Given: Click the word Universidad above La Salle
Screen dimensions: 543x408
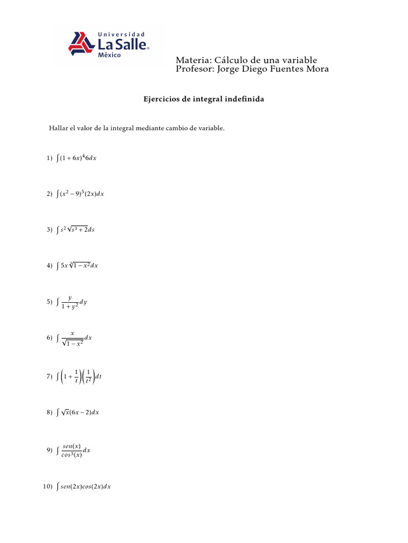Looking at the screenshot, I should click(x=122, y=34).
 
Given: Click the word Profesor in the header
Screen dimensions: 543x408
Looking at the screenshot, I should click(x=195, y=69).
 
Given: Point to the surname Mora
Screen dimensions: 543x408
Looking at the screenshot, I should click(x=317, y=69).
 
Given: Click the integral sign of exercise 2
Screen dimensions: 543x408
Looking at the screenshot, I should click(x=57, y=194).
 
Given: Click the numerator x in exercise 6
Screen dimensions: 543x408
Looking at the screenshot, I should click(x=72, y=333).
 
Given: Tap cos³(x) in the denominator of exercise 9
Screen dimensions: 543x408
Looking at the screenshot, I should click(x=71, y=454).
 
